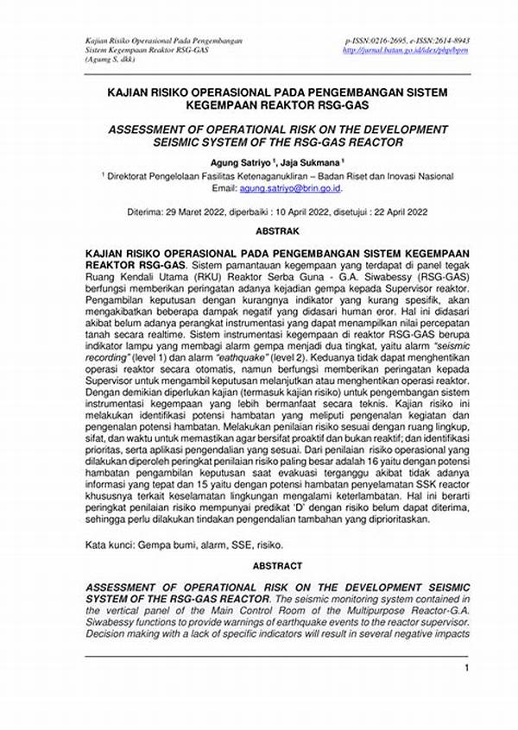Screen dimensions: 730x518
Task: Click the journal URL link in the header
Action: coord(406,51)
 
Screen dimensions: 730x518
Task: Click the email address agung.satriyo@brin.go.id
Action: coord(291,187)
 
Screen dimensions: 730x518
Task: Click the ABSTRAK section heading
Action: coord(277,231)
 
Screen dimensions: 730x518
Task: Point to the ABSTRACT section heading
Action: coord(277,566)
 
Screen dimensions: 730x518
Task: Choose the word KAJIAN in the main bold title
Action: coord(131,90)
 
